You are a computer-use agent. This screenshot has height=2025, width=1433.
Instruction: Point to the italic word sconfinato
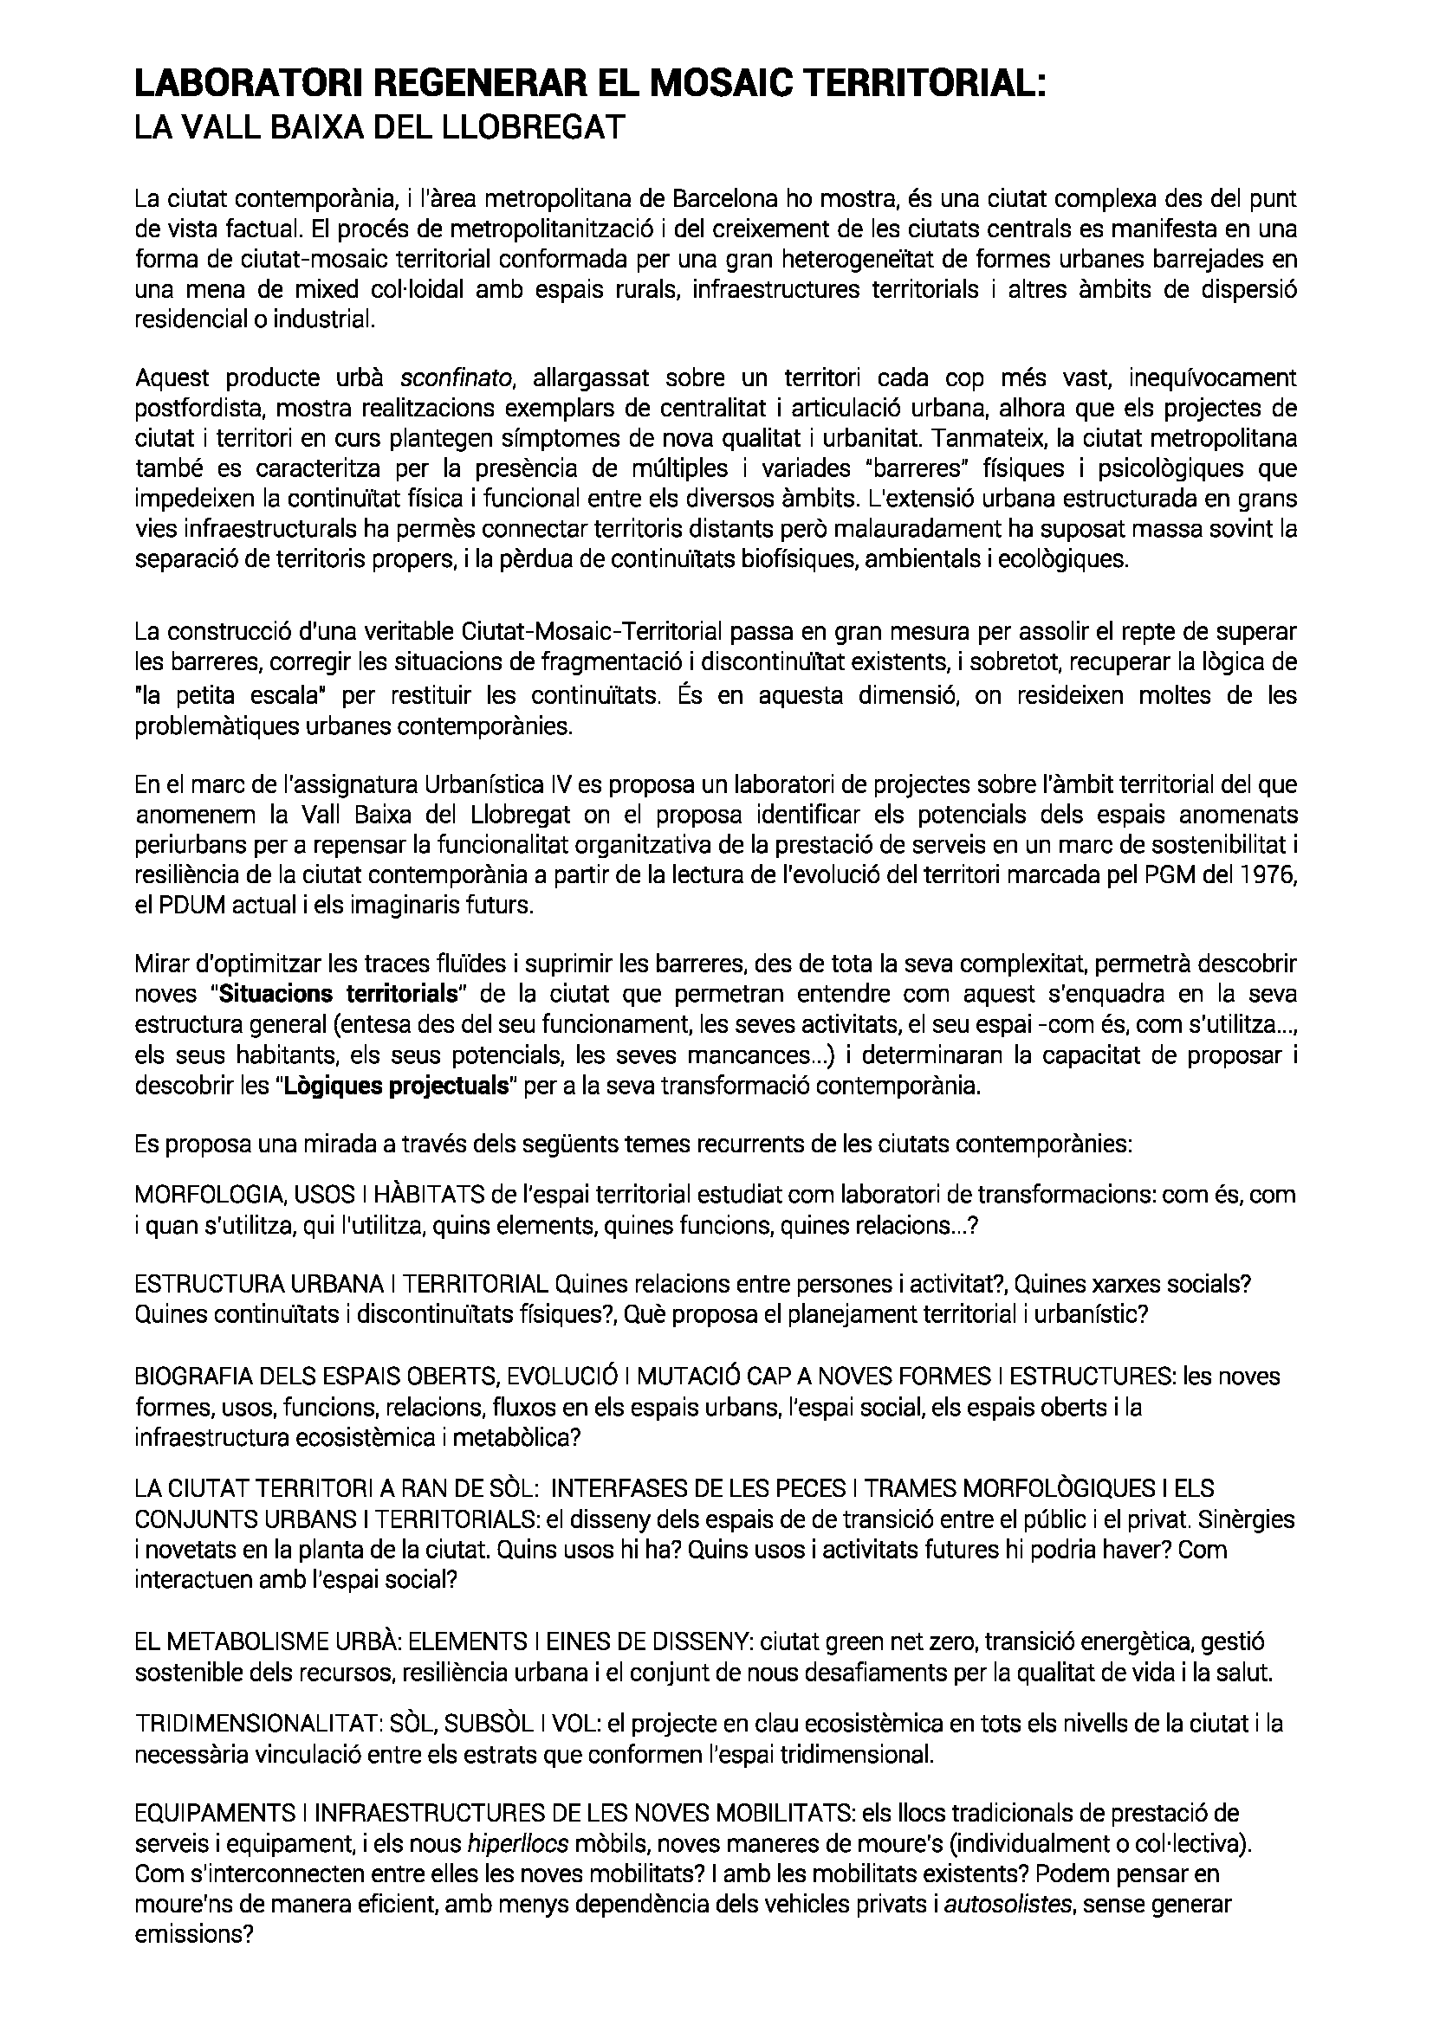tap(457, 378)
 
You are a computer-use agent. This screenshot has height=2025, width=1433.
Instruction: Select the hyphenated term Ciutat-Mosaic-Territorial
tap(592, 631)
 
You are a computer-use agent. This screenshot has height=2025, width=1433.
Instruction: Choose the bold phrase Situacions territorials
tap(339, 994)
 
